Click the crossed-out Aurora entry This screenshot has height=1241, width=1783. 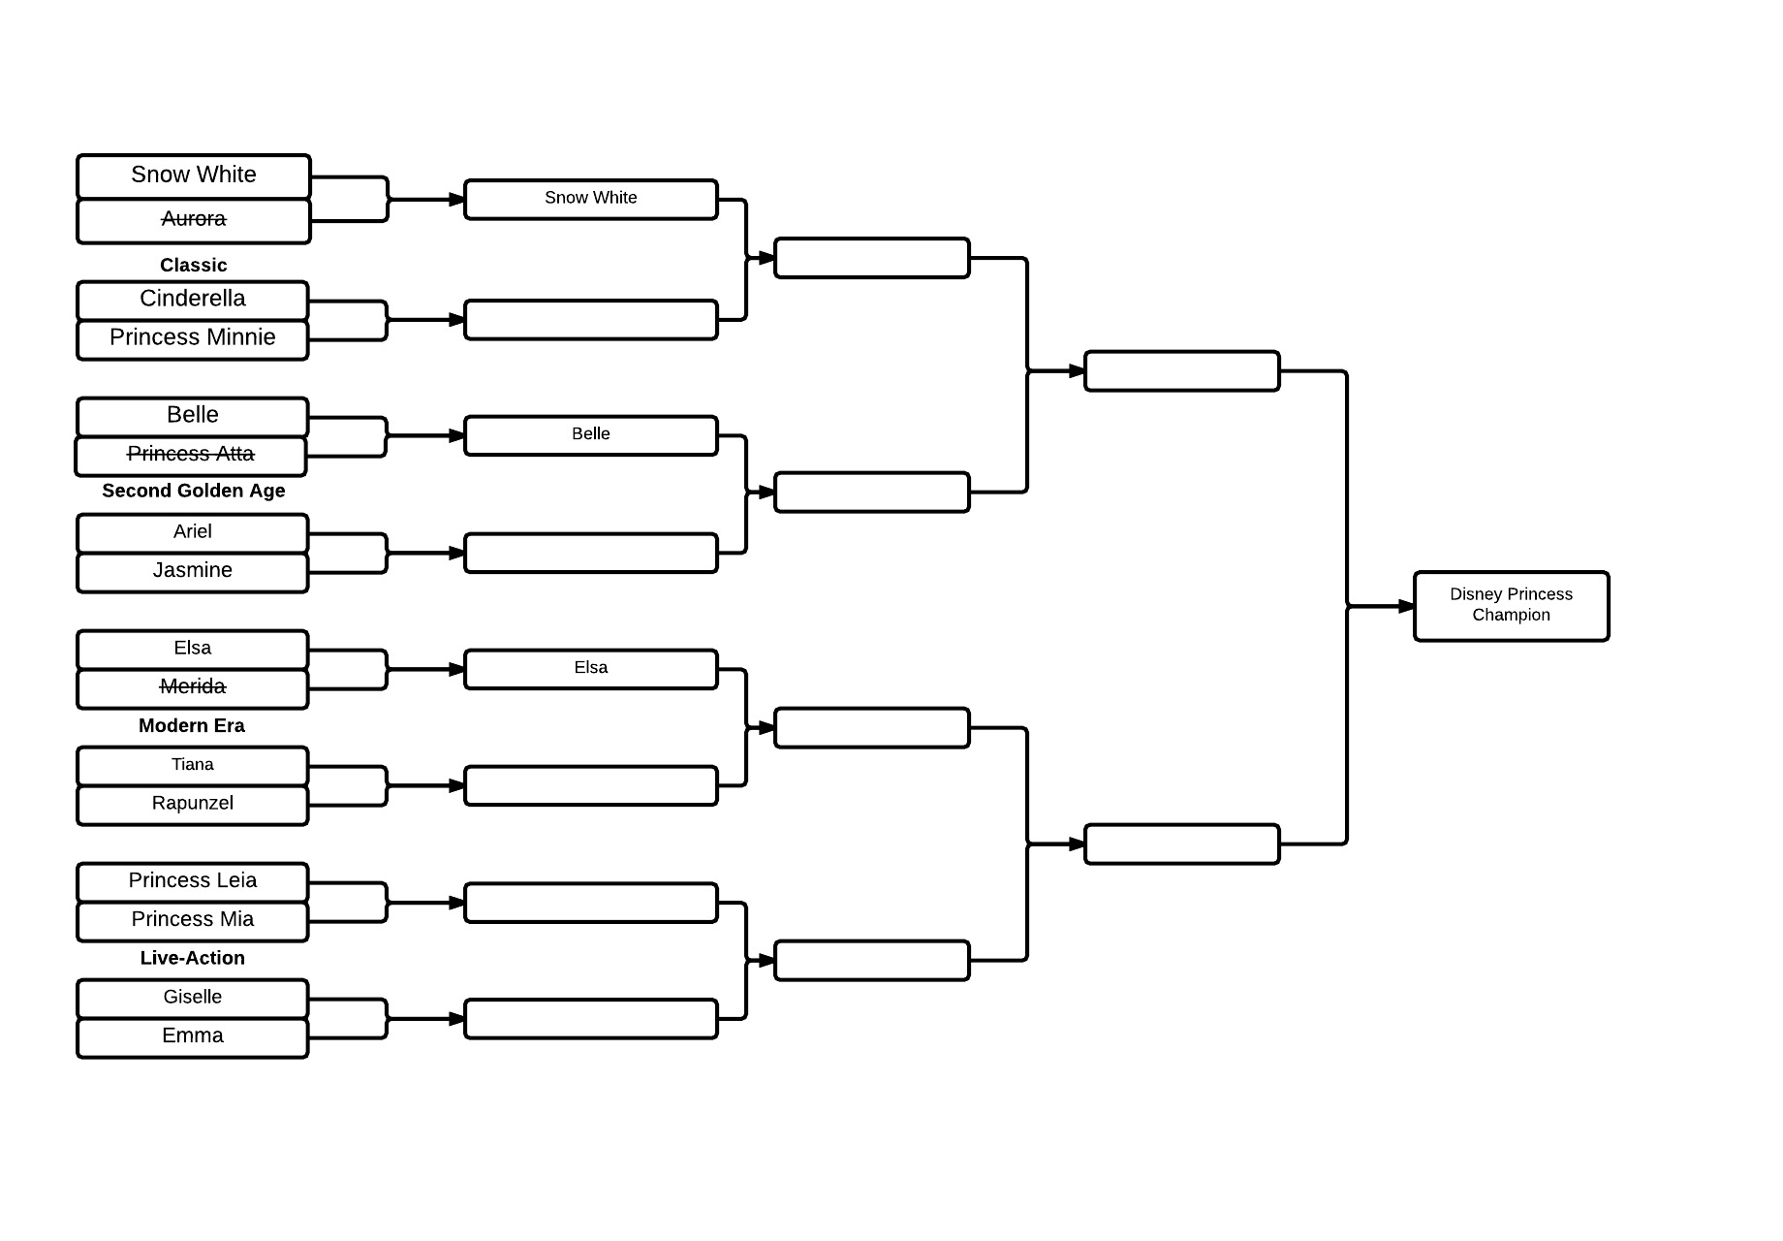194,220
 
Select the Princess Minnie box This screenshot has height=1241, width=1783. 193,338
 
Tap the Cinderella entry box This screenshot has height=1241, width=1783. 193,300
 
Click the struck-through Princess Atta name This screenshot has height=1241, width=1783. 191,455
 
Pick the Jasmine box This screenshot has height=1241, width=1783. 193,571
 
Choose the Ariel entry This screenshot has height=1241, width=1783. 193,532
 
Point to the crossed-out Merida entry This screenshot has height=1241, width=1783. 193,687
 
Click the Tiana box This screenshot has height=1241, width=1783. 193,765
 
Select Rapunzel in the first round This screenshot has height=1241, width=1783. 193,804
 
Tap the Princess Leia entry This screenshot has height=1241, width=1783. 193,881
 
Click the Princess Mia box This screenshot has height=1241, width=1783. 193,920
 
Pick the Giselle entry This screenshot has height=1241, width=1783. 193,998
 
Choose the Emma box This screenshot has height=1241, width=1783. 193,1036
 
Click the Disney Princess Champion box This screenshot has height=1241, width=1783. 1511,605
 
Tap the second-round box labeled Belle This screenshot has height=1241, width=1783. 591,434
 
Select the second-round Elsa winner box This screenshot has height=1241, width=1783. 591,668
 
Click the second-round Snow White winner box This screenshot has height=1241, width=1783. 591,199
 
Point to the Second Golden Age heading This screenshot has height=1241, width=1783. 194,491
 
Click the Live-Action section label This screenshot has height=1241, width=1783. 193,958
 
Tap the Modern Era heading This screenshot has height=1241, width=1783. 192,725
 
